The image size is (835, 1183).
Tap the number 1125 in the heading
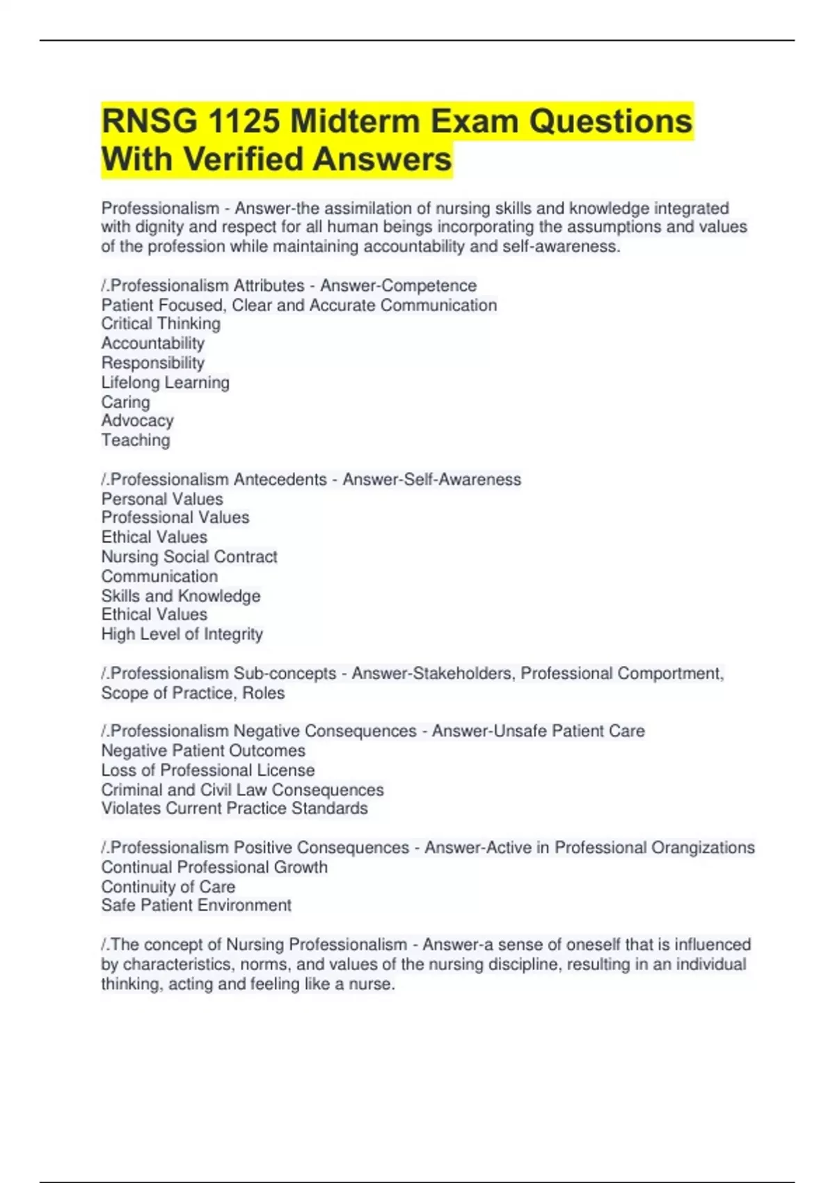pyautogui.click(x=244, y=122)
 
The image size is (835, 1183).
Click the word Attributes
pyautogui.click(x=269, y=285)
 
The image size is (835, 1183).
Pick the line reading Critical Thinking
pyautogui.click(x=161, y=324)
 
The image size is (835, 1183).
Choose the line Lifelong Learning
pyautogui.click(x=165, y=382)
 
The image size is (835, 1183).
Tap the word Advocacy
pyautogui.click(x=137, y=420)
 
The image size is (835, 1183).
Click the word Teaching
pyautogui.click(x=136, y=440)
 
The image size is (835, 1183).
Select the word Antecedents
pyautogui.click(x=280, y=479)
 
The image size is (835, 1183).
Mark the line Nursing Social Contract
pyautogui.click(x=189, y=557)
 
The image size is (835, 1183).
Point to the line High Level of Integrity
pyautogui.click(x=182, y=634)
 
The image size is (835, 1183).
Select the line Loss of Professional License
pyautogui.click(x=207, y=770)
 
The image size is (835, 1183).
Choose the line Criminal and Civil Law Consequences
pyautogui.click(x=242, y=790)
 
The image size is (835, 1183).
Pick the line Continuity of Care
pyautogui.click(x=168, y=887)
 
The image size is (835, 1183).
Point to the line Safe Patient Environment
pyautogui.click(x=196, y=905)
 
